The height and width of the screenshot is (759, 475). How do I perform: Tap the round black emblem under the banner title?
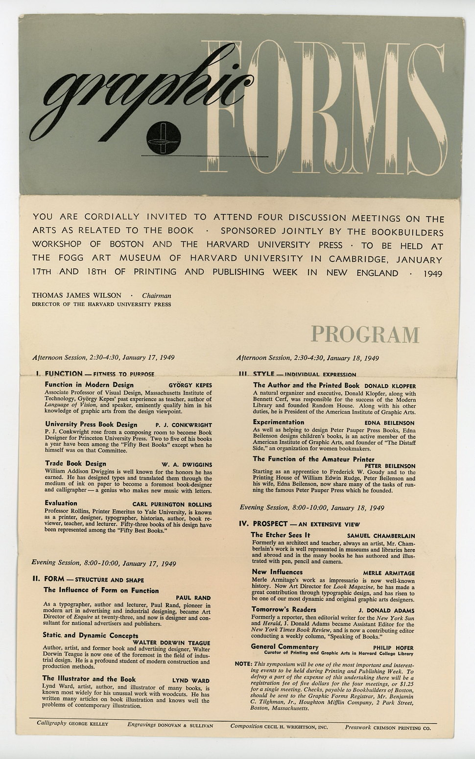click(x=164, y=138)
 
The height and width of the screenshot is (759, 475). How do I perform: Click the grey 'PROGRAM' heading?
click(x=365, y=334)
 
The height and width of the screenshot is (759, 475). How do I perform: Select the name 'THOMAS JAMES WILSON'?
click(x=76, y=295)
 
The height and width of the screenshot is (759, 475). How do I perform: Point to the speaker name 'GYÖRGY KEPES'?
click(x=190, y=385)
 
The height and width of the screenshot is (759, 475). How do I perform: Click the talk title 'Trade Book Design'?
click(x=75, y=463)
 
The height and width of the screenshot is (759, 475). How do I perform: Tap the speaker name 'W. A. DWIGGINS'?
click(x=187, y=464)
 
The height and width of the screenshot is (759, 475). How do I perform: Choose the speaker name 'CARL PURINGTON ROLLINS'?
click(x=172, y=504)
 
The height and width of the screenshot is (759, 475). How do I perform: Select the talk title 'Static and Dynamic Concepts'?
click(x=91, y=635)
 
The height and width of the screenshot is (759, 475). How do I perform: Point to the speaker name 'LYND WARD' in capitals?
click(x=190, y=681)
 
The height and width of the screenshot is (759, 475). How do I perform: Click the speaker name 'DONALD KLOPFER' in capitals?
click(x=390, y=386)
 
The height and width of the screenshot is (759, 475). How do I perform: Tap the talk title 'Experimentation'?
click(x=278, y=422)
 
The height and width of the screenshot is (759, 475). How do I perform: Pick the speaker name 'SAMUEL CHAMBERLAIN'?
click(x=380, y=536)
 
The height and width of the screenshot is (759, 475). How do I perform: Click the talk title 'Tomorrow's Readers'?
click(x=284, y=610)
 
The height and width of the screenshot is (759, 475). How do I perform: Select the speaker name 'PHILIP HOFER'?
click(x=394, y=647)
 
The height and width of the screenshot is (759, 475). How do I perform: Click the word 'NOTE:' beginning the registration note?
click(x=243, y=664)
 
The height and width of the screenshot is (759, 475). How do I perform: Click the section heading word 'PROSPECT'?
click(x=270, y=524)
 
